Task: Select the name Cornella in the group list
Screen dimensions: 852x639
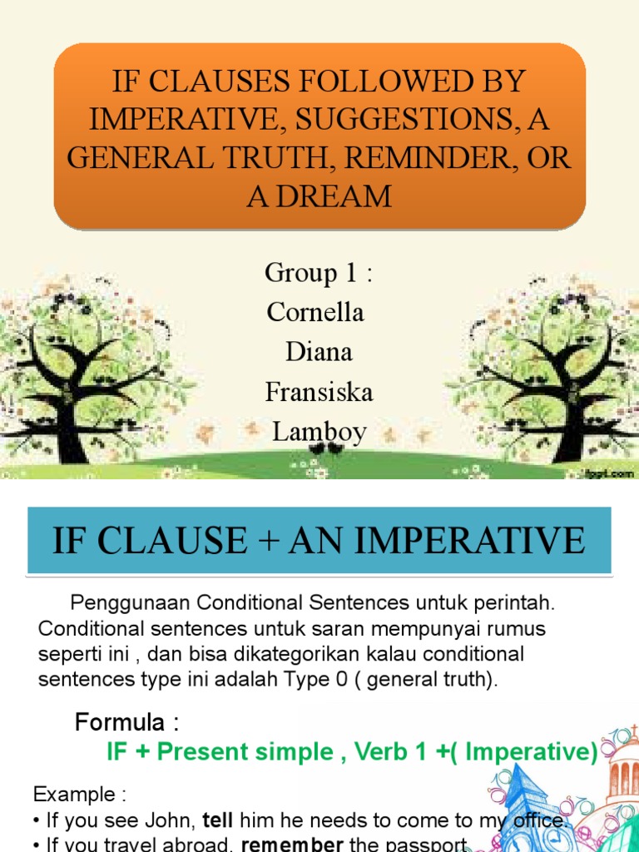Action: point(315,312)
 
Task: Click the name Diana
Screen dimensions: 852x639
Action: point(319,351)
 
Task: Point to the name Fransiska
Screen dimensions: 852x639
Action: point(319,391)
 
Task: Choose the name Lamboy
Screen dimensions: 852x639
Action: point(319,431)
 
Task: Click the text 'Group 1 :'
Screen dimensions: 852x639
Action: point(319,272)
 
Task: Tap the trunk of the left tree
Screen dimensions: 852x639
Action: point(70,433)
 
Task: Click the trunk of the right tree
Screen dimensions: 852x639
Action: point(568,433)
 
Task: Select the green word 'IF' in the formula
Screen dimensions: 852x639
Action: point(120,752)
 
